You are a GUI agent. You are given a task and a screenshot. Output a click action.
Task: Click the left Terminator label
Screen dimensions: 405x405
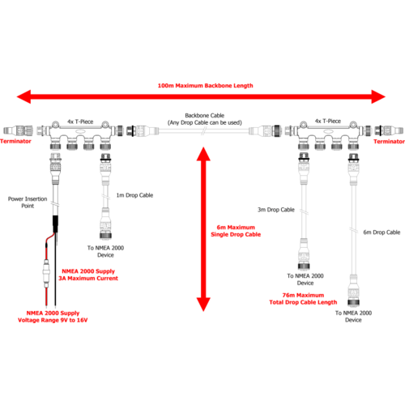coord(15,141)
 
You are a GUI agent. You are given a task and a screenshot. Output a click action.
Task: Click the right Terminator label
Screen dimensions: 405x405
coord(389,142)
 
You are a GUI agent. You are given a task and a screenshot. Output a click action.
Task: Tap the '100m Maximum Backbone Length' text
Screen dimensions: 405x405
coord(205,86)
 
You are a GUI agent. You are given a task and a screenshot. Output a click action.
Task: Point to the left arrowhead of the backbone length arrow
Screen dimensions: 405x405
coord(23,96)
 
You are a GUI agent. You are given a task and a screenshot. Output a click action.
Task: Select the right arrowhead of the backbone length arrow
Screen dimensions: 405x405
coord(378,96)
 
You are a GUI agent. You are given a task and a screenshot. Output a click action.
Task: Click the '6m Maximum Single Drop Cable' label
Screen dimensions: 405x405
coord(236,231)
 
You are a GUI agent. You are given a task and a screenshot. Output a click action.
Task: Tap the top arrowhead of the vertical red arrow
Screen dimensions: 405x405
coord(203,154)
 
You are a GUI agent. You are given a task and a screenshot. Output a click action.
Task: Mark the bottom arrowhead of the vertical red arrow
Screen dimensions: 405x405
coord(203,305)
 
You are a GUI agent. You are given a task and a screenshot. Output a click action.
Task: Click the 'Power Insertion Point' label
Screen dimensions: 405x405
coord(28,202)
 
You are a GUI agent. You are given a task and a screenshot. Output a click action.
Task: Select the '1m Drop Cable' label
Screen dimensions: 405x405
coord(134,195)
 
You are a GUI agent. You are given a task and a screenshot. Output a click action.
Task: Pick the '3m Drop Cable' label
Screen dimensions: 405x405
coord(276,210)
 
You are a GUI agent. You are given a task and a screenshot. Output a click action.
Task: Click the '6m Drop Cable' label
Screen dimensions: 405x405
coord(382,232)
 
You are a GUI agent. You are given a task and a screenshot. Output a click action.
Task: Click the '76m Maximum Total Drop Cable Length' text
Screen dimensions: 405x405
coord(303,299)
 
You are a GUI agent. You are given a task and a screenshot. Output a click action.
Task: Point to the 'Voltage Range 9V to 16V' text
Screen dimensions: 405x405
coord(53,320)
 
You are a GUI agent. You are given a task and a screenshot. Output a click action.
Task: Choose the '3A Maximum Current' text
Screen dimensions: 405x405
coord(88,279)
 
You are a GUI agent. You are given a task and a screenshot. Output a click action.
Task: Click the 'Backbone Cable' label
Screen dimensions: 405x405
coord(205,116)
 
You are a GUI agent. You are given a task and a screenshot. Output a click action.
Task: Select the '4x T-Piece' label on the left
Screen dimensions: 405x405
coord(80,122)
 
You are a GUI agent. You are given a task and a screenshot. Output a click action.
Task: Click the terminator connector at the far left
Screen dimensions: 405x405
coord(18,130)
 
